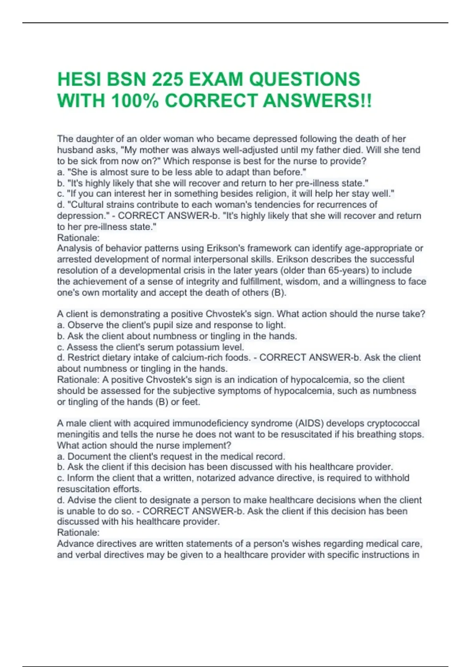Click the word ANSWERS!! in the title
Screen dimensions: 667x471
[x=317, y=101]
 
